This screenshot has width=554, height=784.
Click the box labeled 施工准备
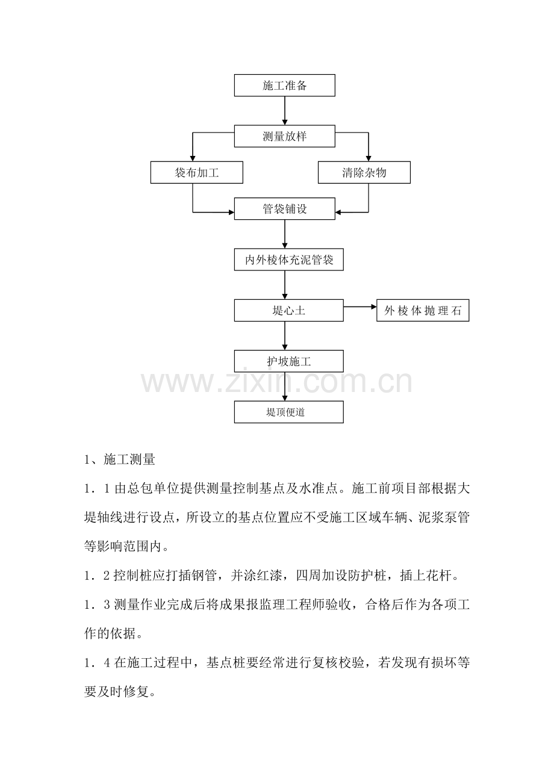pos(284,85)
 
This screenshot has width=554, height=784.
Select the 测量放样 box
pos(284,136)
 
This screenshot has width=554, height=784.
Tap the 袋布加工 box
pos(197,172)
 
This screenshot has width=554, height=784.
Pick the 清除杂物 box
pos(364,172)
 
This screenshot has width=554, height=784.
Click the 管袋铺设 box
pos(284,208)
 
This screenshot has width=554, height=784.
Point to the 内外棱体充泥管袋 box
pos(288,260)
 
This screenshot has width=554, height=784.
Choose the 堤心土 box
pos(288,310)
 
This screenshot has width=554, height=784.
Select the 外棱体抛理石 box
pos(423,310)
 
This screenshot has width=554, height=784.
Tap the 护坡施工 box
pos(288,361)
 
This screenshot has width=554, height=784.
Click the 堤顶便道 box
pos(288,412)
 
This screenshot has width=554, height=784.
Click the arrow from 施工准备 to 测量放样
pos(285,111)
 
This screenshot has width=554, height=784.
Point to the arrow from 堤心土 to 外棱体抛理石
pos(360,306)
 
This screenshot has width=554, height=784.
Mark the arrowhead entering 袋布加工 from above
pos(193,158)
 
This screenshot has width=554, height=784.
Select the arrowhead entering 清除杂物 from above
pos(368,158)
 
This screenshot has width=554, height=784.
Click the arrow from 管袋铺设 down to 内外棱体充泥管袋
pos(285,234)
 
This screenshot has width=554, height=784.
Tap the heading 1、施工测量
pos(120,459)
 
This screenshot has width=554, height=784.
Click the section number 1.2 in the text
pos(98,576)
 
